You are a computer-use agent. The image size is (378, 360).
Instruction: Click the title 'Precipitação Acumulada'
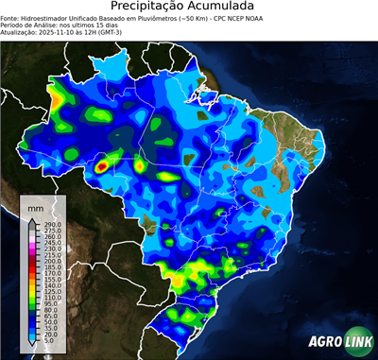(189, 8)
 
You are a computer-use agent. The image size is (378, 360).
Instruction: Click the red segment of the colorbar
(31, 268)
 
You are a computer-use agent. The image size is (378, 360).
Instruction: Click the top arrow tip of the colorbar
(31, 219)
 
